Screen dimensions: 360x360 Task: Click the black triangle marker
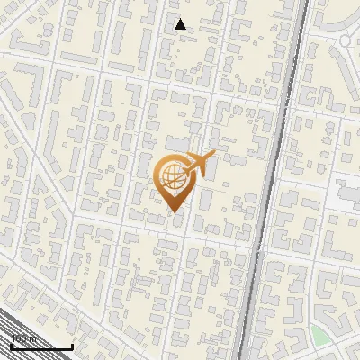181,24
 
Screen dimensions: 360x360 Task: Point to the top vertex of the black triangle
181,19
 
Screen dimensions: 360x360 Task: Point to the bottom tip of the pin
172,212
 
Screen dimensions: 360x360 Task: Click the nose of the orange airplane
213,155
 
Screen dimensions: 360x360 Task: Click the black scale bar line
40,347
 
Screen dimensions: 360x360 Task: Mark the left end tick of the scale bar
10,346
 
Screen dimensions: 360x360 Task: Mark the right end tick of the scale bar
72,346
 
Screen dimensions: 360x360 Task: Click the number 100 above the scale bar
18,338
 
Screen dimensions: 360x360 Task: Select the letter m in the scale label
32,338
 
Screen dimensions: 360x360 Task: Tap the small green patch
319,335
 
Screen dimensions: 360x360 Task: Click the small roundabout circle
347,41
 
